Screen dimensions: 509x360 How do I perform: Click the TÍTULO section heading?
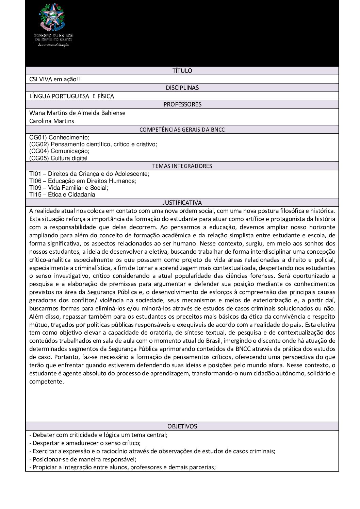[x=182, y=71]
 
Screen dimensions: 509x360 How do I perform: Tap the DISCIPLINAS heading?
[x=182, y=87]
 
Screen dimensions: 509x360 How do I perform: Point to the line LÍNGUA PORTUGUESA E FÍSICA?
[x=71, y=96]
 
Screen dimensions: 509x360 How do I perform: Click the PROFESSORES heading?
[x=182, y=104]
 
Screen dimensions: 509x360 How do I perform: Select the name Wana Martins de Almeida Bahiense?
[x=77, y=113]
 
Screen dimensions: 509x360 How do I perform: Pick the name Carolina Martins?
[x=51, y=121]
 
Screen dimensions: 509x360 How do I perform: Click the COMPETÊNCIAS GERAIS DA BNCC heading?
[x=182, y=130]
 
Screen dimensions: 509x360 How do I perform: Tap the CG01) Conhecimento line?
[x=59, y=137]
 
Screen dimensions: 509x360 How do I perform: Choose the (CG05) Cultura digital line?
[x=58, y=158]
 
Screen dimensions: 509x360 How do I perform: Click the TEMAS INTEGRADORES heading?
[x=182, y=166]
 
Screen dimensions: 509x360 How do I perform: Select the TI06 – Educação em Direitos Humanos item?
[x=83, y=181]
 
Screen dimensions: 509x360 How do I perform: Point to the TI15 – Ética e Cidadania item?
[x=62, y=194]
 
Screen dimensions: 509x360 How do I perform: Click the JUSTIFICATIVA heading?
[x=182, y=203]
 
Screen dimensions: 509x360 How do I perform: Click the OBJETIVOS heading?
[x=182, y=426]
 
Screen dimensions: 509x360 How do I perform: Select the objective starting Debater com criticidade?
[x=98, y=435]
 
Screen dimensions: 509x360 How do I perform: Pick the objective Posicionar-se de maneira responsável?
[x=83, y=459]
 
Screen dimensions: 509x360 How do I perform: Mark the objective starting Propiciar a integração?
[x=122, y=467]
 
